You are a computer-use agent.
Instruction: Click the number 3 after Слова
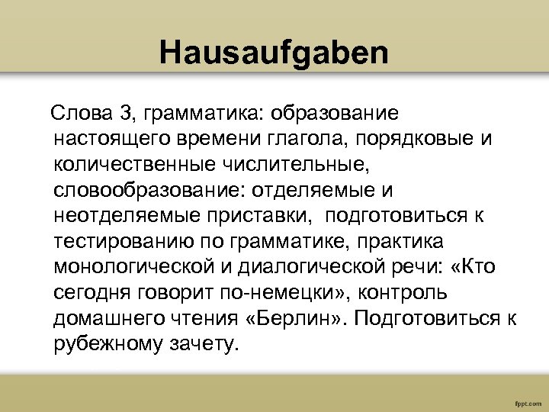pyautogui.click(x=126, y=114)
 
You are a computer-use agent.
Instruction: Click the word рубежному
pyautogui.click(x=110, y=344)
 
